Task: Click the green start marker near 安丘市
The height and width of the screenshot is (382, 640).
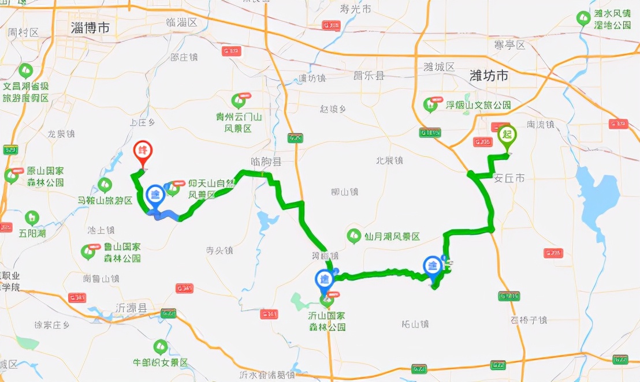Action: click(507, 136)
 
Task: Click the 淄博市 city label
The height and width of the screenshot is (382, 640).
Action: click(90, 28)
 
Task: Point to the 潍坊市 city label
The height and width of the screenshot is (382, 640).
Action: click(489, 75)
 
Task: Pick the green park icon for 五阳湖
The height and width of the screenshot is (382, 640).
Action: click(32, 218)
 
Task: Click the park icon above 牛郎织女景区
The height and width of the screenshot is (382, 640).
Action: click(160, 347)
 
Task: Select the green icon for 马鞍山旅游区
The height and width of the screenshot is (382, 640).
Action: click(105, 185)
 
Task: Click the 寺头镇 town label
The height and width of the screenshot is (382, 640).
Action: click(219, 250)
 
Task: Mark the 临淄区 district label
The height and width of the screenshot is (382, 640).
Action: click(181, 23)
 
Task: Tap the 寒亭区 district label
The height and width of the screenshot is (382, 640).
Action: click(509, 45)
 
